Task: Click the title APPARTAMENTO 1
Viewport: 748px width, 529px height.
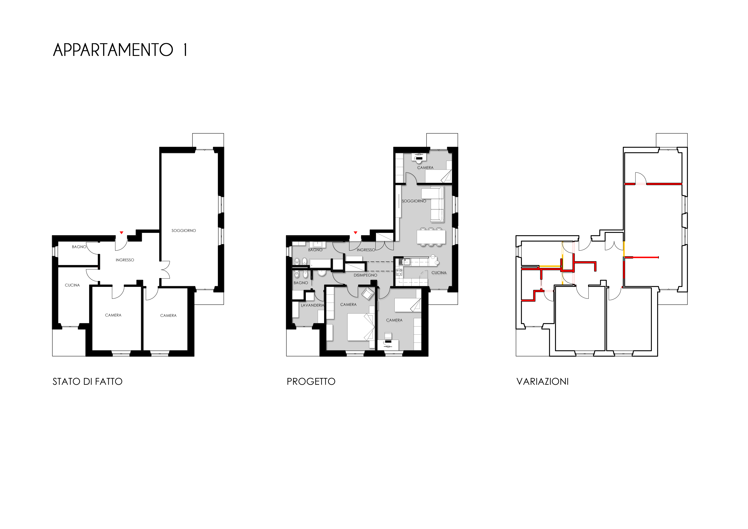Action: coord(120,50)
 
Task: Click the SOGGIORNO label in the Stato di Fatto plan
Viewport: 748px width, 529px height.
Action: coord(184,231)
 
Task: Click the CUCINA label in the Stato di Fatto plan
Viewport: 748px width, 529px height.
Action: coord(72,285)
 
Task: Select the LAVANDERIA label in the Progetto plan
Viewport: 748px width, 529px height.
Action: coord(312,305)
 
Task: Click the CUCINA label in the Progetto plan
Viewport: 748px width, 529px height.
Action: coord(439,273)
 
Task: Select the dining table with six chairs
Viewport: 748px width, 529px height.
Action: coord(431,237)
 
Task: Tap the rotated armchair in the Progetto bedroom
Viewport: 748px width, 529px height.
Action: coord(367,293)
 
